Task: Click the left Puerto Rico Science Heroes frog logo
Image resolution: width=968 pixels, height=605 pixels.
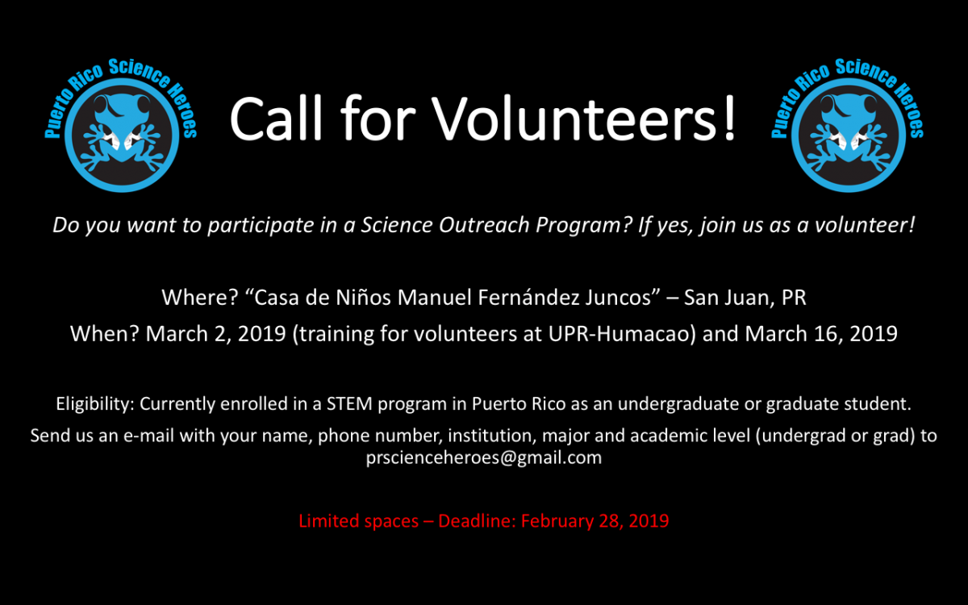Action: pyautogui.click(x=122, y=125)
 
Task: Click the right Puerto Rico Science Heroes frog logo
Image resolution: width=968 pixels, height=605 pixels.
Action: pyautogui.click(x=848, y=125)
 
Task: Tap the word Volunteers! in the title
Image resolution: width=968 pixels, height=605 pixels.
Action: pyautogui.click(x=584, y=119)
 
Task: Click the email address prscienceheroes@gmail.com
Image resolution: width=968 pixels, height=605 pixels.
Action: pyautogui.click(x=483, y=457)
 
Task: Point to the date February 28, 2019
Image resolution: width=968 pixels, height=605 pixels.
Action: pyautogui.click(x=595, y=521)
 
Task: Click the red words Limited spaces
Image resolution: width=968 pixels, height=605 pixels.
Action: pyautogui.click(x=359, y=521)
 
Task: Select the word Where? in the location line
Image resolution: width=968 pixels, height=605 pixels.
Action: pyautogui.click(x=200, y=298)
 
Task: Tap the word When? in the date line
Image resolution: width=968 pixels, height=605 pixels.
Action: pyautogui.click(x=105, y=334)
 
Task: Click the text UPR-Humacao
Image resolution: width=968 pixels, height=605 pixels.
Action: pyautogui.click(x=620, y=334)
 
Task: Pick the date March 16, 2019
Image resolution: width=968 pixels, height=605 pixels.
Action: pyautogui.click(x=821, y=334)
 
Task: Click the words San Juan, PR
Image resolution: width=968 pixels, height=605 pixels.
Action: pyautogui.click(x=745, y=298)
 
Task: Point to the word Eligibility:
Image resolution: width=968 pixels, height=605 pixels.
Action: pyautogui.click(x=95, y=404)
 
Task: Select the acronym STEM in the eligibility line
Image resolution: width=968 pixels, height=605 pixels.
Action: pyautogui.click(x=349, y=404)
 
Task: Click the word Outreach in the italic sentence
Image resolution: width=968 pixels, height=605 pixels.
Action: pyautogui.click(x=484, y=225)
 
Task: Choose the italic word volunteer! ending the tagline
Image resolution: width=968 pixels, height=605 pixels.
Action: pyautogui.click(x=865, y=225)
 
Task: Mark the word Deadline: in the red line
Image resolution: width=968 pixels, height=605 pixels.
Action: pyautogui.click(x=477, y=521)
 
